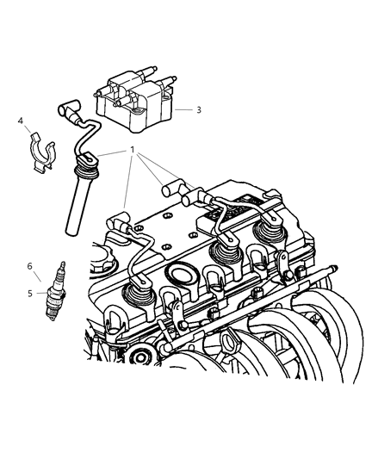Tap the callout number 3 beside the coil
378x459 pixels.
tap(199, 110)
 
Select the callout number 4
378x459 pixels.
tap(20, 121)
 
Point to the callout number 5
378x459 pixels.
tap(30, 293)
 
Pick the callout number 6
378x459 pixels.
tap(30, 266)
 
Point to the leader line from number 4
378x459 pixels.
tap(27, 130)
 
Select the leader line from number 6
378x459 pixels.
tap(35, 275)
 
